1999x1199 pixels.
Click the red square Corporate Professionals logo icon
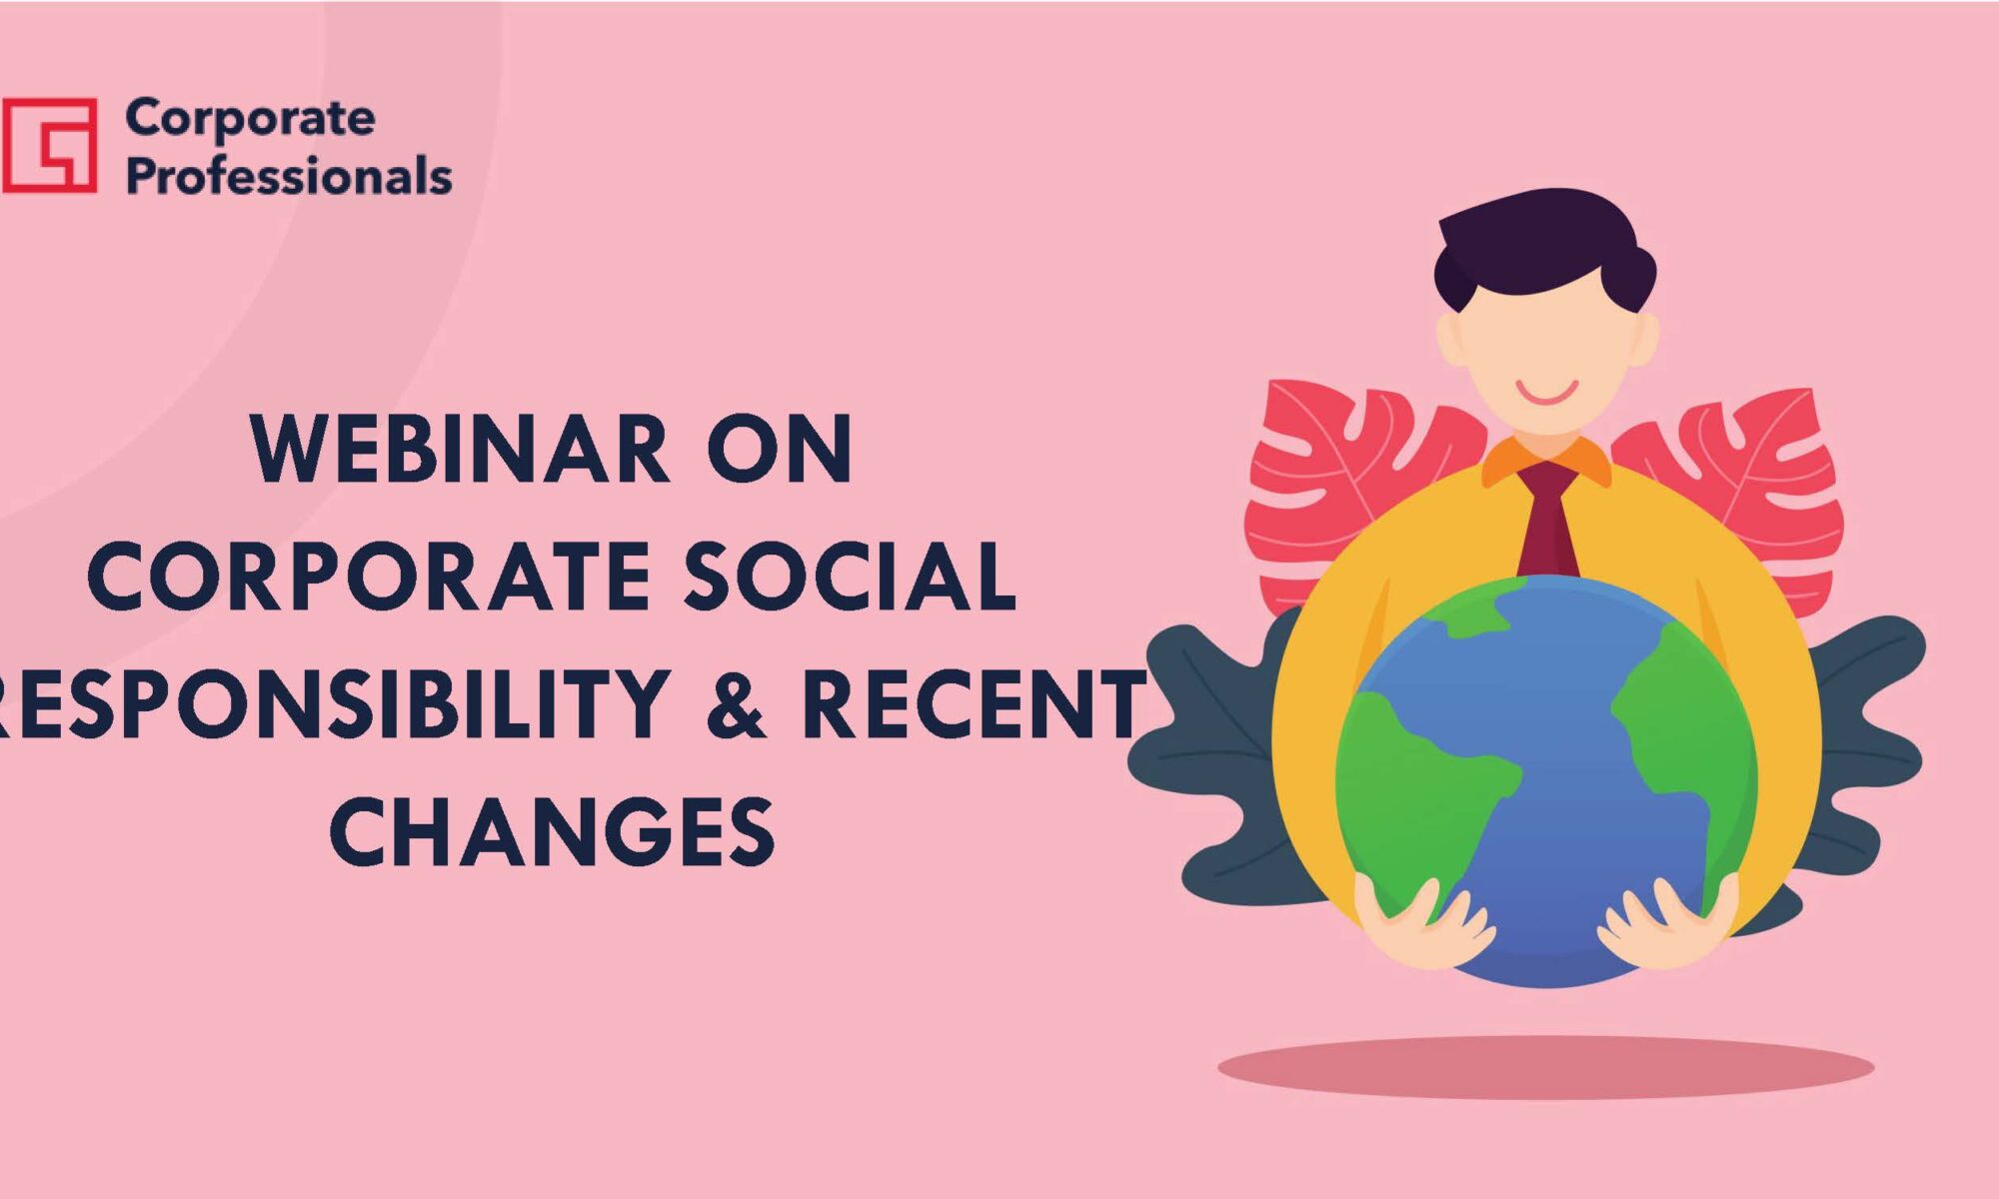50,145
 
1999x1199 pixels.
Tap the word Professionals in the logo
289,177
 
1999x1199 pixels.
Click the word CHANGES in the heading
552,831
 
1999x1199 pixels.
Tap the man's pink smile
1546,392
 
